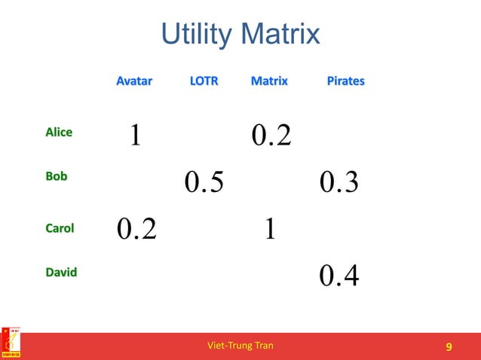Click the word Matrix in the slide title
coord(283,35)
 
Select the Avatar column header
coord(133,81)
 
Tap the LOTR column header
coord(204,81)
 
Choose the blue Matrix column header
coord(269,81)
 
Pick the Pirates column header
coord(345,81)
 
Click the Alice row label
coord(59,133)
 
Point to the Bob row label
coord(56,176)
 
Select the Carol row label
coord(60,227)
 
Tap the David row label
coord(61,272)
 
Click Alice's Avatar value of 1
coord(134,136)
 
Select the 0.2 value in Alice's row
coord(271,136)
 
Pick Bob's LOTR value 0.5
coord(204,182)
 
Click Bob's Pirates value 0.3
coord(339,182)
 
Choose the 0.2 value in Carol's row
coord(136,229)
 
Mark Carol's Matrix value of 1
coord(269,229)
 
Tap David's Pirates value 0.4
coord(339,276)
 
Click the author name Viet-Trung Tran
coord(240,346)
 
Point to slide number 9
coord(449,346)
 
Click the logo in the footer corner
coord(11,343)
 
